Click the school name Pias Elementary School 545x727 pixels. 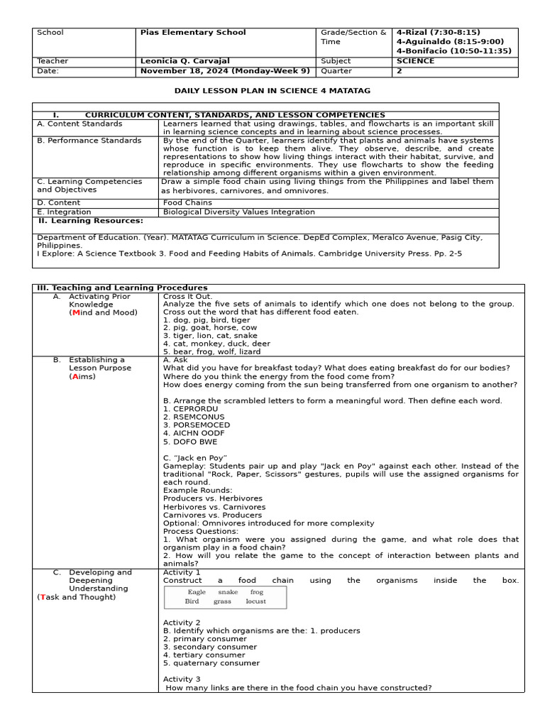[x=193, y=33]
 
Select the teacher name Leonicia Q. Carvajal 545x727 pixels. [x=185, y=62]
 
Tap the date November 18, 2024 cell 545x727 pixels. [x=225, y=71]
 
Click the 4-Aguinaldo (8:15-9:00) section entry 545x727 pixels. [x=450, y=42]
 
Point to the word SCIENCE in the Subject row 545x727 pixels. [x=415, y=62]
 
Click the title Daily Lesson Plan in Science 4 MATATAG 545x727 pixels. [x=272, y=91]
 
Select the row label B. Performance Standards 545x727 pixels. [x=89, y=141]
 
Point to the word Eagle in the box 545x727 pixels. [x=197, y=592]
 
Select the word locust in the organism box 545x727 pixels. [x=255, y=601]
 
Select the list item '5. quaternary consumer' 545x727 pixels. [x=211, y=663]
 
